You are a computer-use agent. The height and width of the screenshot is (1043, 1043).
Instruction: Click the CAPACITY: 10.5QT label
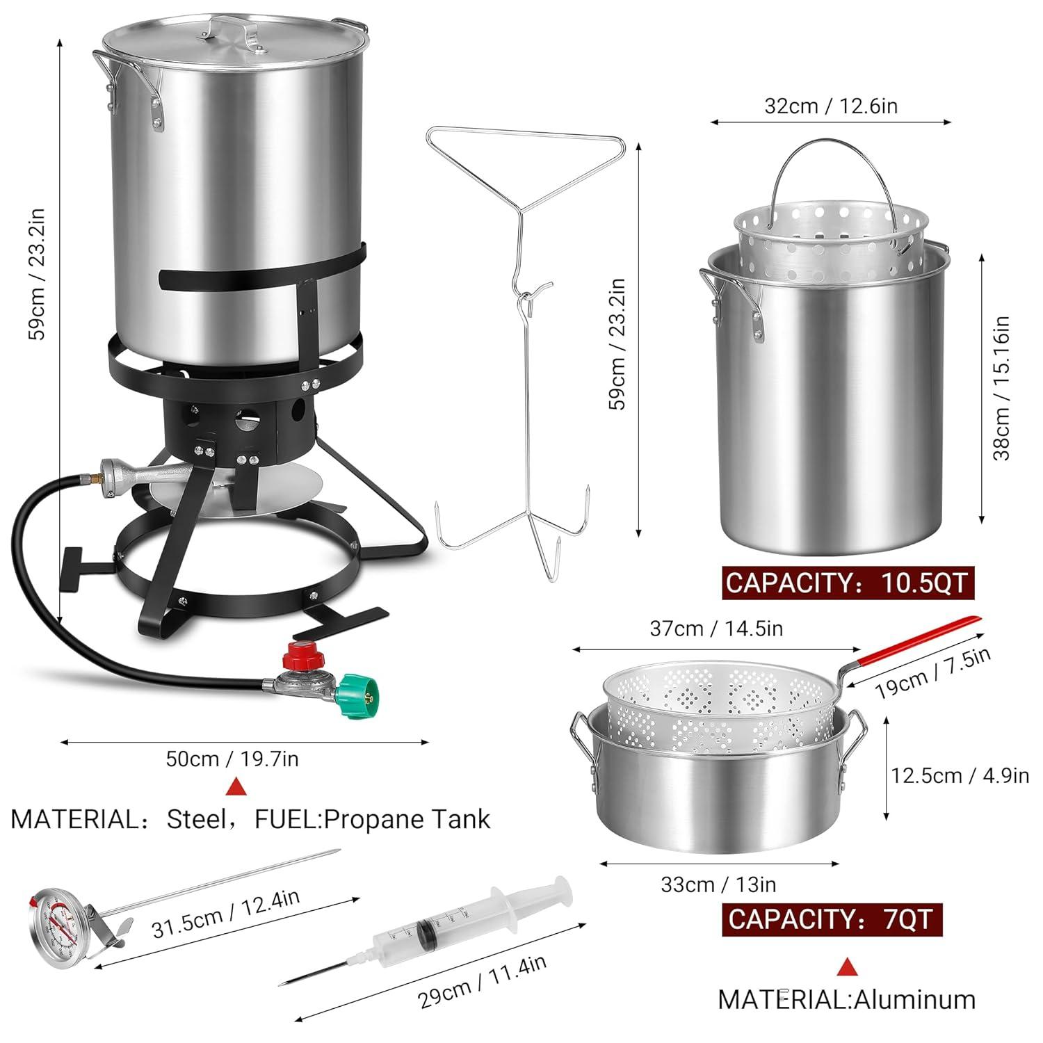click(x=847, y=582)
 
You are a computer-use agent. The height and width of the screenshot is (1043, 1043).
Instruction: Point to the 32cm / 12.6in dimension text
click(x=831, y=106)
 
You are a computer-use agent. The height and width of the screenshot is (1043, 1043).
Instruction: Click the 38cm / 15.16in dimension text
click(x=1002, y=388)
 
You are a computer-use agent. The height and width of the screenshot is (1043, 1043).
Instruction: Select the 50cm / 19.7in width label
click(x=232, y=758)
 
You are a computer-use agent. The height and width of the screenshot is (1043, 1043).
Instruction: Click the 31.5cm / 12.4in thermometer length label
click(x=226, y=913)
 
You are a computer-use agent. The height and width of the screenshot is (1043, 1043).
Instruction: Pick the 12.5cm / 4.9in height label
click(x=960, y=775)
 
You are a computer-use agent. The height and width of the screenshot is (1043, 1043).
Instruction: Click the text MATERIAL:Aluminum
click(x=846, y=999)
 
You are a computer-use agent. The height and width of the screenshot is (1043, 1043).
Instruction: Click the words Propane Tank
click(x=407, y=819)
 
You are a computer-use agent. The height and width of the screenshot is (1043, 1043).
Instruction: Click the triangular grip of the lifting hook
click(x=526, y=160)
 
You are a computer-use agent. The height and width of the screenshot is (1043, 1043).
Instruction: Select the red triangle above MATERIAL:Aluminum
click(x=846, y=967)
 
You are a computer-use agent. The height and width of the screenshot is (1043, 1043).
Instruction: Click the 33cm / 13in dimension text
click(x=718, y=884)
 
